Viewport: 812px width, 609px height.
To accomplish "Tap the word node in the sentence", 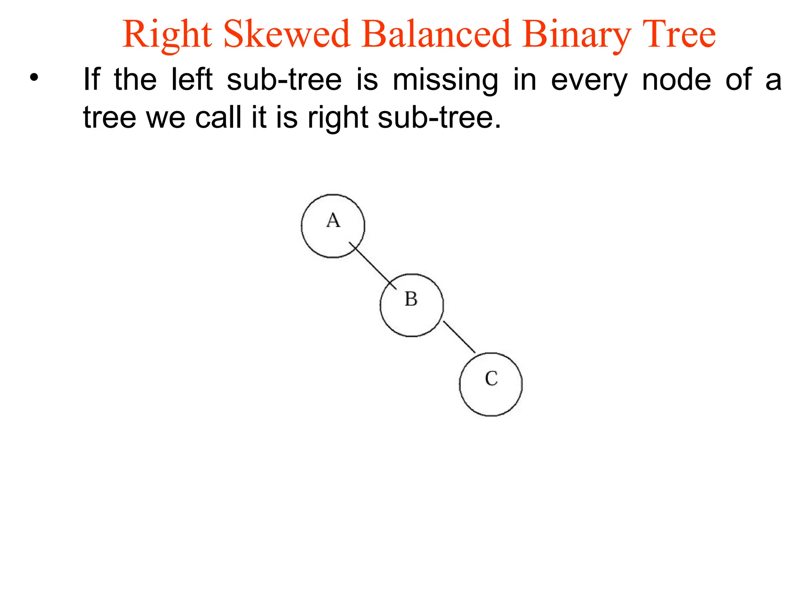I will [x=676, y=79].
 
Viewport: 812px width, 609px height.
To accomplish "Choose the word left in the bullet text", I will [x=192, y=79].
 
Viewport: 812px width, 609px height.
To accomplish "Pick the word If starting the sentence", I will [x=91, y=79].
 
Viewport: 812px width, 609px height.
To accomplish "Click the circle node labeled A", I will [x=333, y=226].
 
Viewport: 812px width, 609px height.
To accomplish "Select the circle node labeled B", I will [x=412, y=305].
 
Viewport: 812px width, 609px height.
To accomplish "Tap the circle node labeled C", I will [x=491, y=384].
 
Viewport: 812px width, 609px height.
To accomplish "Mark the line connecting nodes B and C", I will [x=459, y=337].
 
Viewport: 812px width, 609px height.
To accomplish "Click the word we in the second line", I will [x=166, y=118].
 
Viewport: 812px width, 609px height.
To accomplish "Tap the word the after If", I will [x=135, y=79].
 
